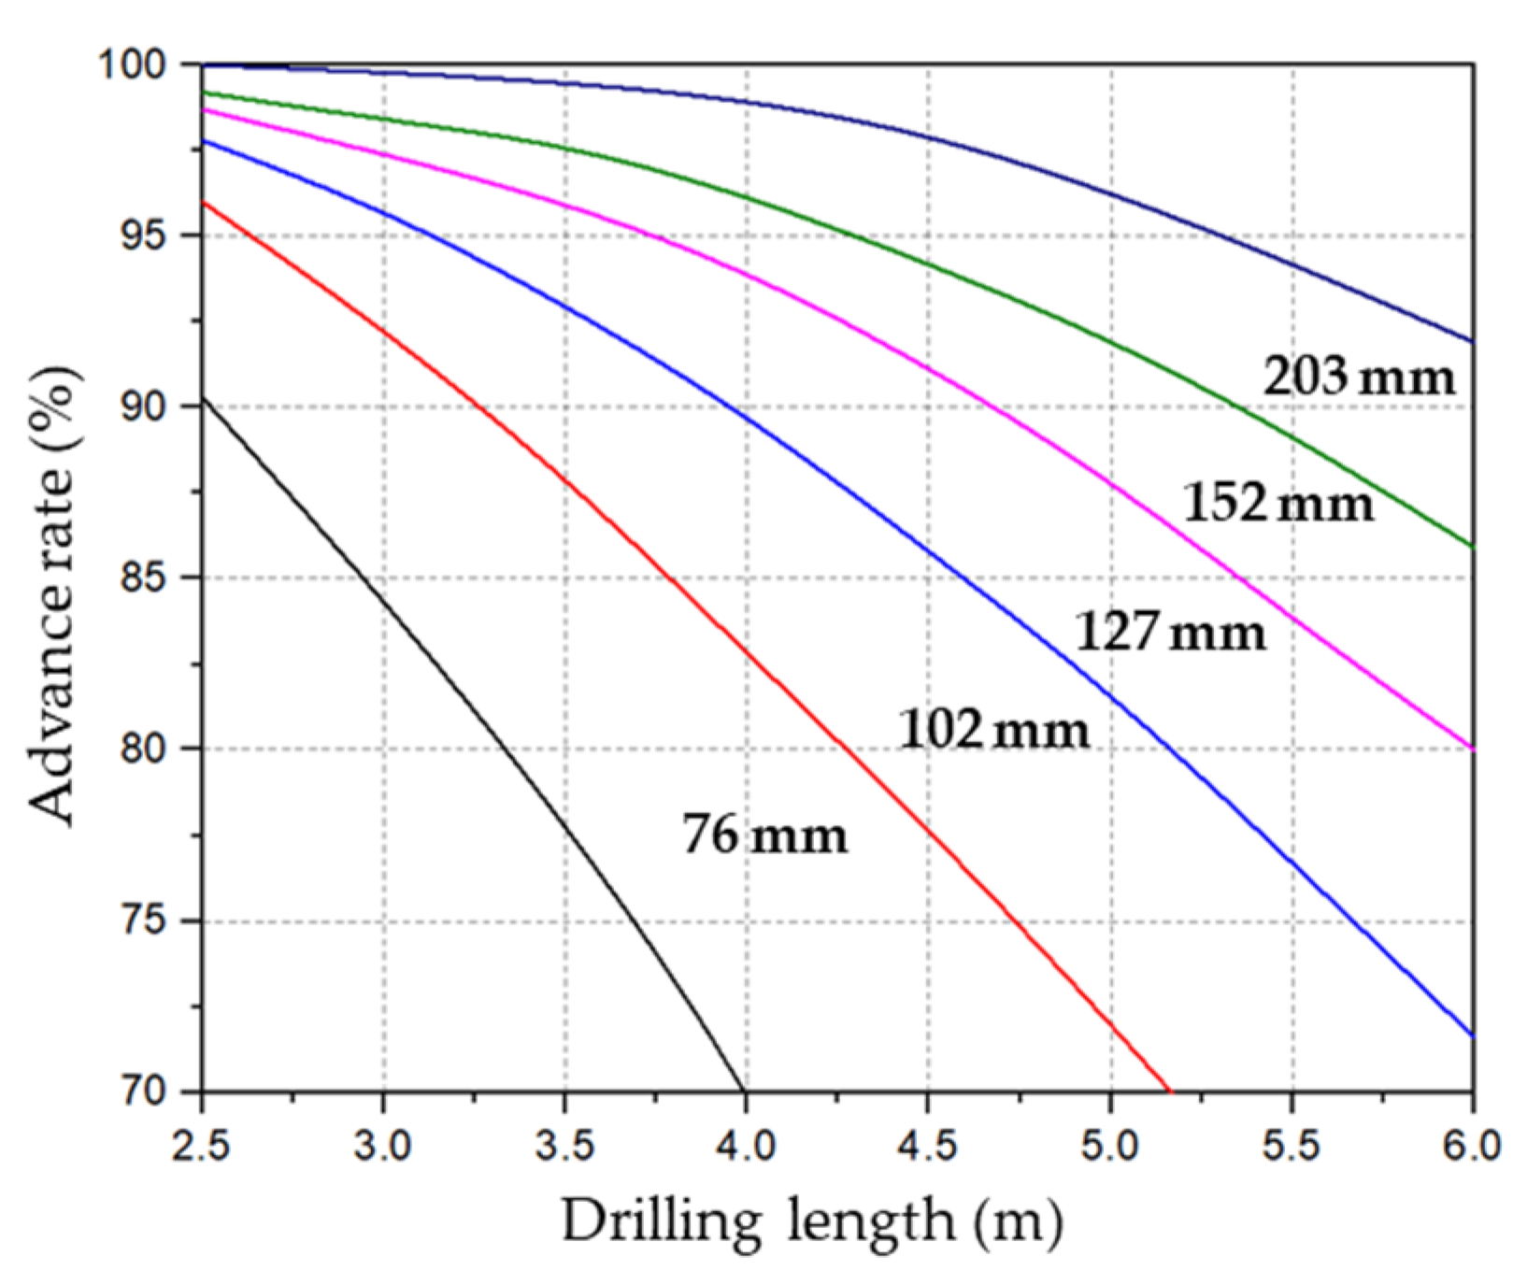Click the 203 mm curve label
tap(1359, 378)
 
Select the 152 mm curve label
tap(1278, 504)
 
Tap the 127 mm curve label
tap(1171, 632)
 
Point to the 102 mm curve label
tap(994, 729)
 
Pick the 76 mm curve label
tap(765, 834)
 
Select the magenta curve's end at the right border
tap(1474, 749)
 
